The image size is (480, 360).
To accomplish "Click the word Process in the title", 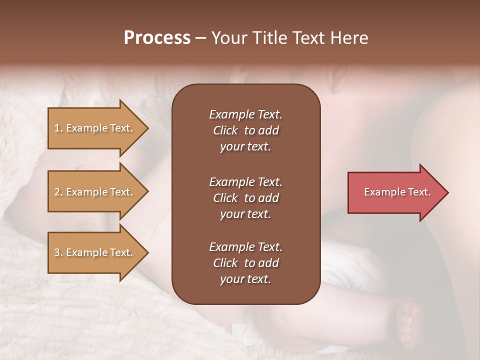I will tap(157, 38).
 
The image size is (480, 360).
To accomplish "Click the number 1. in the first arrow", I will tap(58, 128).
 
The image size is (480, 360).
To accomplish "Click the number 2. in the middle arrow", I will tap(58, 192).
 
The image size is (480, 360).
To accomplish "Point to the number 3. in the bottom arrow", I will tap(58, 252).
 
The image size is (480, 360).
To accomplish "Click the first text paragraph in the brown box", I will tap(245, 130).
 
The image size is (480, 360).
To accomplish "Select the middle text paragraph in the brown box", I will tap(245, 198).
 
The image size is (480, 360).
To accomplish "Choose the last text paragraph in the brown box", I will tap(245, 263).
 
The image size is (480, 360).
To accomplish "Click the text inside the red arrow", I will tap(397, 192).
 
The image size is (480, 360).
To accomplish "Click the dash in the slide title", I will tap(200, 38).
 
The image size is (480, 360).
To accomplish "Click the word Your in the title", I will tap(227, 38).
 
